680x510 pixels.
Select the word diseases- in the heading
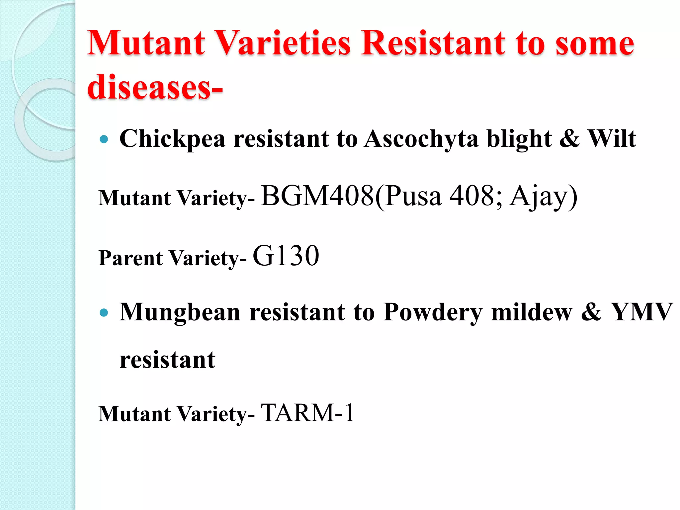tap(155, 87)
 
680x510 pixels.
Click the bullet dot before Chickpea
tap(104, 139)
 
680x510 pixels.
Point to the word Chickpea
tap(172, 139)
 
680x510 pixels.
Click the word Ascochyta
tap(421, 139)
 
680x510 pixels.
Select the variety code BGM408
tap(317, 196)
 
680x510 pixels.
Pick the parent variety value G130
tap(286, 256)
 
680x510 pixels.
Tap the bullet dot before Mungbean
tap(104, 312)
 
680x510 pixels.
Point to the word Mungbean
tap(180, 312)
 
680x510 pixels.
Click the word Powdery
tap(433, 312)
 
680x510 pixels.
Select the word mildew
tap(532, 312)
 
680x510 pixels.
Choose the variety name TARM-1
tap(307, 413)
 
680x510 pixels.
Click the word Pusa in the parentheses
tap(413, 196)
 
